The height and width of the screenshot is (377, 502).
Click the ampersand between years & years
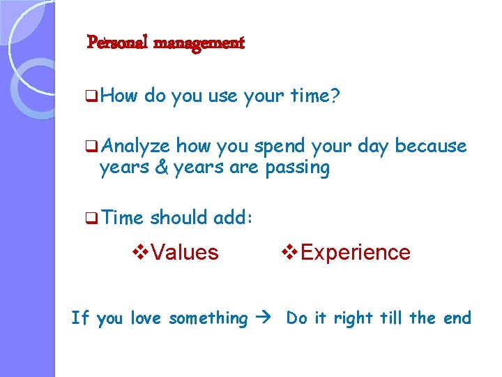163,168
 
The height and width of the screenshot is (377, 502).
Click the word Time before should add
121,218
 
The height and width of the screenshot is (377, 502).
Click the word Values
184,252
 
